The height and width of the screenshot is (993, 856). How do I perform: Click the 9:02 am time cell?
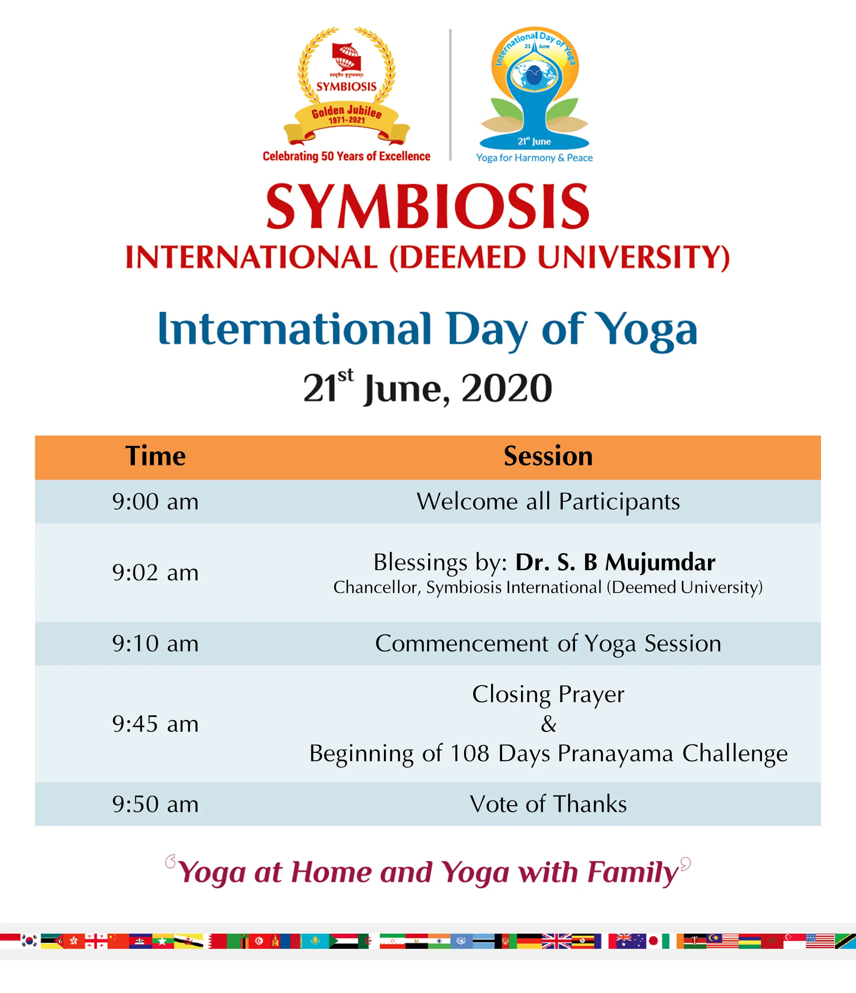(155, 572)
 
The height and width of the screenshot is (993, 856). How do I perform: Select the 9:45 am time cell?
(155, 724)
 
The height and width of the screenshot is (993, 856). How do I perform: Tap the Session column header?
(548, 456)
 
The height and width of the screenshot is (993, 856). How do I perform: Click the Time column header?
(155, 456)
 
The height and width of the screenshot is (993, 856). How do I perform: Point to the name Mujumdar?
(660, 562)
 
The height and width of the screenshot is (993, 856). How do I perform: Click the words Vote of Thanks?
(548, 804)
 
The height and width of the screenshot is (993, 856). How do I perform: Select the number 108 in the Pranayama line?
(470, 753)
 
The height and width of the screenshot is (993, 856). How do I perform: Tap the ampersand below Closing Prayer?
(548, 724)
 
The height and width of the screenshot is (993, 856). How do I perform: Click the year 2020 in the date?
(507, 388)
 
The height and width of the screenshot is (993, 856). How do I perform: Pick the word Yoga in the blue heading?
(648, 331)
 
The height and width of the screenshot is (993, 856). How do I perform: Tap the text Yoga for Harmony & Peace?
(534, 158)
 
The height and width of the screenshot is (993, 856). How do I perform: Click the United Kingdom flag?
(557, 941)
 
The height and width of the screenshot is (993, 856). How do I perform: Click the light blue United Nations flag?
(461, 941)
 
